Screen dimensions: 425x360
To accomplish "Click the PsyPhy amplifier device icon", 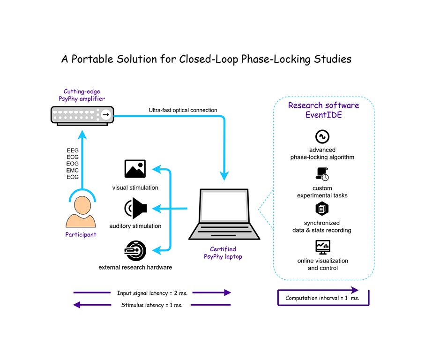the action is pos(82,116).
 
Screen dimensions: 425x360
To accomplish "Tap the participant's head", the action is pos(82,205).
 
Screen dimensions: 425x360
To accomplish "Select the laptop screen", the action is pos(224,206).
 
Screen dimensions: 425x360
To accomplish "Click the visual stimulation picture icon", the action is pos(135,169).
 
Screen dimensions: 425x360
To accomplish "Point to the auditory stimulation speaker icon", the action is pos(135,208).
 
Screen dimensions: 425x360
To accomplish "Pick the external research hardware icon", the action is pos(135,251).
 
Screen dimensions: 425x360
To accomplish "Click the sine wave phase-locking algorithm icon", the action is pos(322,136).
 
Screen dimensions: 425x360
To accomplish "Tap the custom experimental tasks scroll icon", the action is pos(322,174).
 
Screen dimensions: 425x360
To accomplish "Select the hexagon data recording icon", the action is pos(322,209).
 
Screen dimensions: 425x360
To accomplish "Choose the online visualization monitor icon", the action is pos(322,247).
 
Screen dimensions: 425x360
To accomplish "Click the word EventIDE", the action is pos(323,115).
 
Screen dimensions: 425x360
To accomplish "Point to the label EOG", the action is pos(72,164).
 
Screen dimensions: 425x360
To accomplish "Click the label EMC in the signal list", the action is pos(72,171).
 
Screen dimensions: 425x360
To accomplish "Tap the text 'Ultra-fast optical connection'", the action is pos(183,110).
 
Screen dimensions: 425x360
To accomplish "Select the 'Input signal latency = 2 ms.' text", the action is pos(152,293).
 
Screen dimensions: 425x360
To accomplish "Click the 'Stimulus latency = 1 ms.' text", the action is pos(152,305).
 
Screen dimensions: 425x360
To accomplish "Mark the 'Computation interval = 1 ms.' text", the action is pos(322,298).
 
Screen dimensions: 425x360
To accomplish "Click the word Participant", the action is pos(81,234).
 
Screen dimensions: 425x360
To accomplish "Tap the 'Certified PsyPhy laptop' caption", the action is pos(223,253).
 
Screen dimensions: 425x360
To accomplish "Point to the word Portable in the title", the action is pos(92,59).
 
